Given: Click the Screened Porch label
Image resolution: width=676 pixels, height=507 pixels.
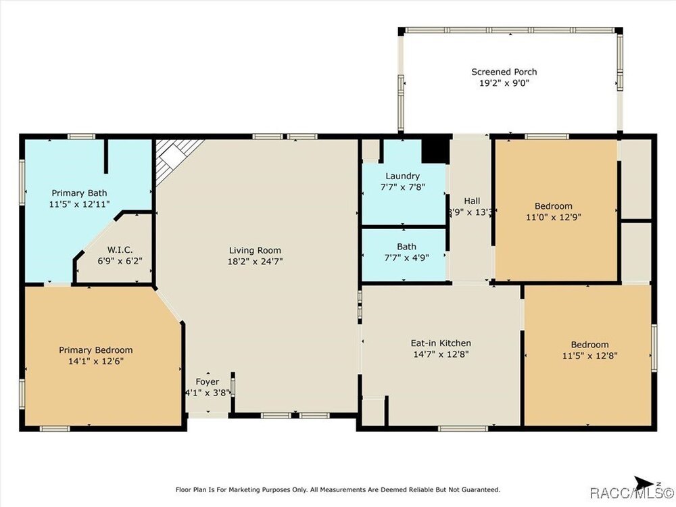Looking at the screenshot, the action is (x=504, y=72).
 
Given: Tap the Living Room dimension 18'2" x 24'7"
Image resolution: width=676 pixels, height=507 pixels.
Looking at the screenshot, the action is (x=256, y=261).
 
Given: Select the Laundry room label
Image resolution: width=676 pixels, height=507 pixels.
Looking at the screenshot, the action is (x=402, y=176).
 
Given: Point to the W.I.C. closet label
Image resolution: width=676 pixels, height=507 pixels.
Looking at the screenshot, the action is (x=120, y=249).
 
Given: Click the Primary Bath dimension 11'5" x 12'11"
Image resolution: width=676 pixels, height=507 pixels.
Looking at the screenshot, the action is (x=79, y=204).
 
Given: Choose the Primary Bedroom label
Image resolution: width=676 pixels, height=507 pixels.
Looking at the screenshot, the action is (x=96, y=350).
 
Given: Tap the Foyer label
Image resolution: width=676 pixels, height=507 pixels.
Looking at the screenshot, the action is (x=208, y=381).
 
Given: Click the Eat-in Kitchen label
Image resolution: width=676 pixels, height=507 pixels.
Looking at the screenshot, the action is (x=441, y=343).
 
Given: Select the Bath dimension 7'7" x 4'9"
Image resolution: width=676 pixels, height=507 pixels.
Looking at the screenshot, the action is (x=406, y=258).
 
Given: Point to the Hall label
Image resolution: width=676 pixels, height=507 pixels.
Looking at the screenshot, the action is (x=472, y=201).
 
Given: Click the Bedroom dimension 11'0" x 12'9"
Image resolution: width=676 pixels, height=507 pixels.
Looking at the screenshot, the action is (x=554, y=217).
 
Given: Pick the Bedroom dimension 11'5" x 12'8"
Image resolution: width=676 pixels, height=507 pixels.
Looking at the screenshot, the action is (x=589, y=356).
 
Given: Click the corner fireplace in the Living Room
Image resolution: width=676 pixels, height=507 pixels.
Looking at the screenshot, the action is (x=174, y=158).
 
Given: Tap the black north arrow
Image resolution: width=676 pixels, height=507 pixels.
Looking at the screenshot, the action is (x=644, y=483).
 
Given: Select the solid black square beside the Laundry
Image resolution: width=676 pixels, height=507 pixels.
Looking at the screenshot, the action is (x=435, y=151).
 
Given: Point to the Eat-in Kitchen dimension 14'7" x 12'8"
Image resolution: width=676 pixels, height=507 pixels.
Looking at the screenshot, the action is (x=441, y=354).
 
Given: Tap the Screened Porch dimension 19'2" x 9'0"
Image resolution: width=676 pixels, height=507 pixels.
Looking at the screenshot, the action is (x=504, y=82).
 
